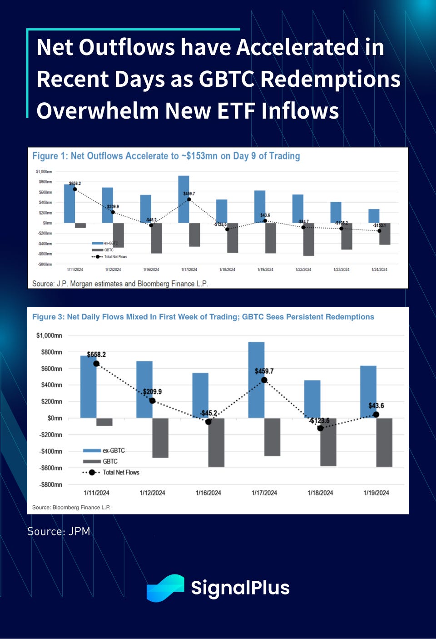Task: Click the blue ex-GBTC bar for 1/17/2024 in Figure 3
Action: tap(256, 379)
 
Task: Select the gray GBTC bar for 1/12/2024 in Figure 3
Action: tap(160, 438)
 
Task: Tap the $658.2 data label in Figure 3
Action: tap(96, 354)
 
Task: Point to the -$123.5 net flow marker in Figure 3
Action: tap(320, 428)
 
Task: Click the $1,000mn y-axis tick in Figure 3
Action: tap(49, 335)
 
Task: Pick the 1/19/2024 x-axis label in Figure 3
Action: tap(376, 493)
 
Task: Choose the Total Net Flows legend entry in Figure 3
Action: tap(120, 473)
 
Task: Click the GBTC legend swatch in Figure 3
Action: tap(92, 461)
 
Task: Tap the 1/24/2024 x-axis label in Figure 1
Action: tap(379, 270)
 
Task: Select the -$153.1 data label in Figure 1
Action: tap(379, 225)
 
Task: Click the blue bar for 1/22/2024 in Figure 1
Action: tap(298, 209)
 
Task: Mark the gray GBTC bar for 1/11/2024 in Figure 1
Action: tap(80, 225)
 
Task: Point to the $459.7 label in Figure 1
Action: tap(189, 194)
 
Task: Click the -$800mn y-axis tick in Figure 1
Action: tap(45, 264)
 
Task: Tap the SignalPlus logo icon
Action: tap(165, 588)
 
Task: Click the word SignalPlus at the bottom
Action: tap(240, 588)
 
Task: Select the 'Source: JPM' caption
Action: tap(59, 531)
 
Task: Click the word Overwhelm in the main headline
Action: tap(97, 111)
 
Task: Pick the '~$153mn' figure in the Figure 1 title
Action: tap(199, 156)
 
